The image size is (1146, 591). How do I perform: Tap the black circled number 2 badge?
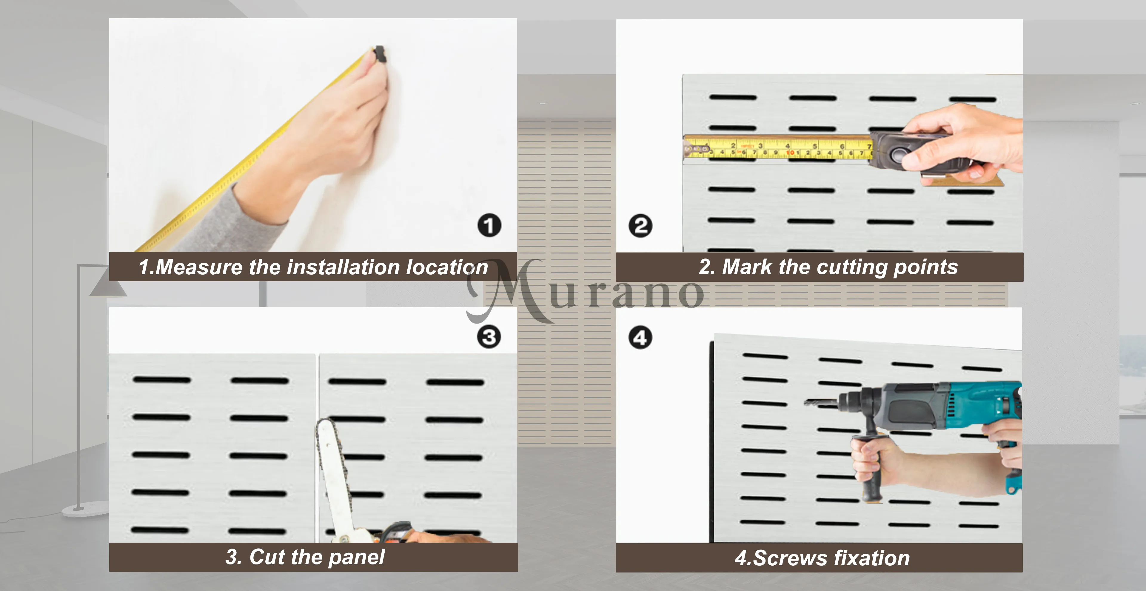tap(641, 226)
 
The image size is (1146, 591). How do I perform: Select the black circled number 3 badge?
tap(489, 337)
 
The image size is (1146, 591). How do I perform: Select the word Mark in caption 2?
tap(746, 267)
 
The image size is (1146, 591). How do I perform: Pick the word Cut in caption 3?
tap(267, 557)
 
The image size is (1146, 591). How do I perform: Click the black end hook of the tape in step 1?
tap(380, 53)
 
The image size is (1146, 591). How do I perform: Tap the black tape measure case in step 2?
tap(917, 152)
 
